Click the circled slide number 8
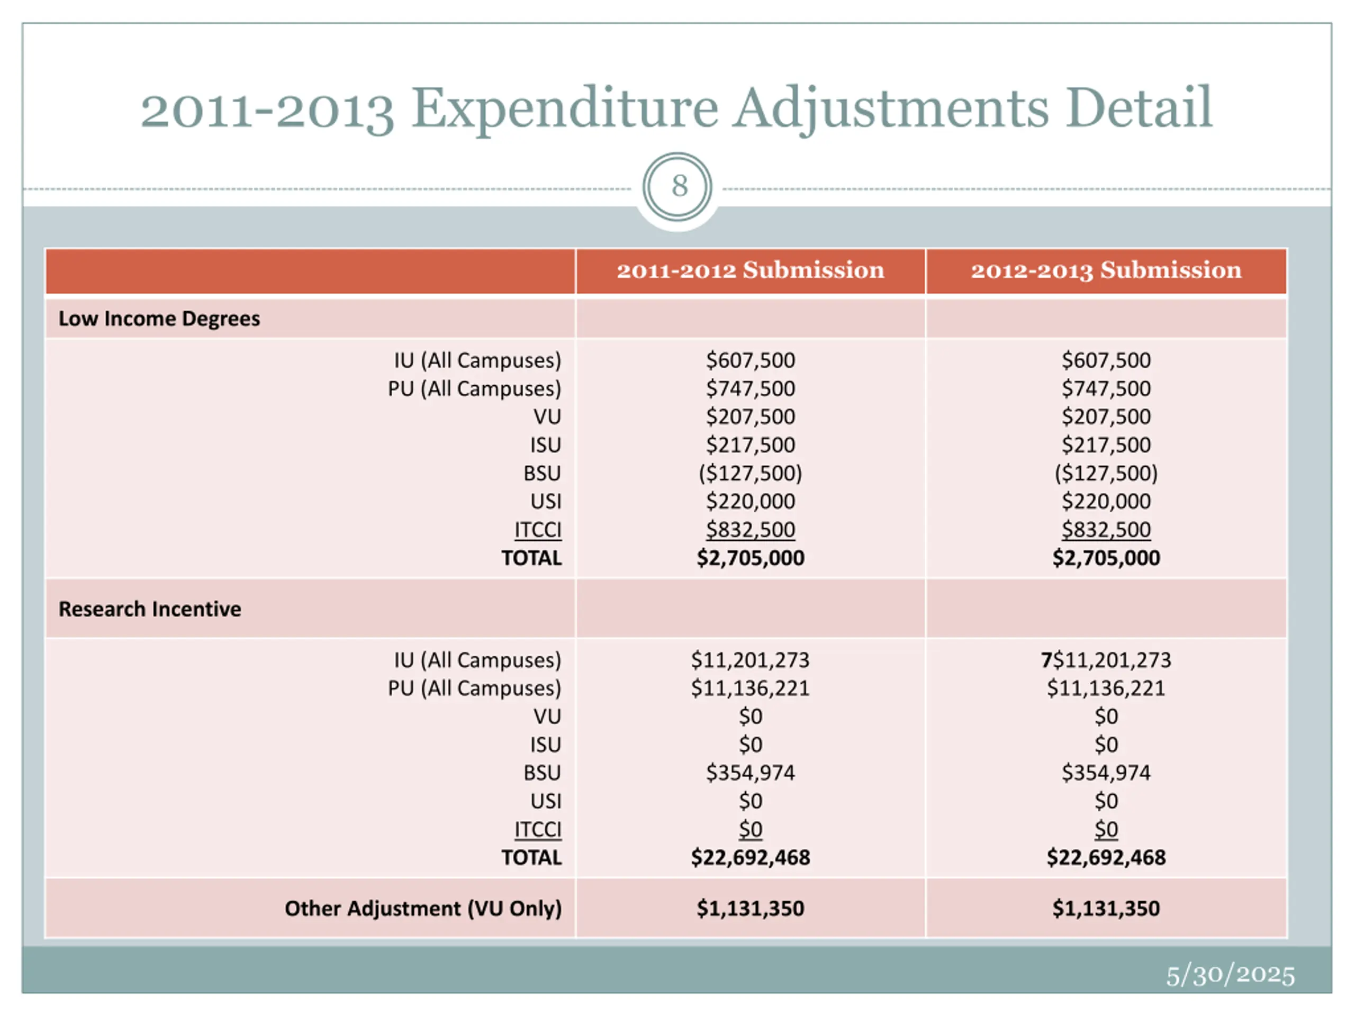click(677, 186)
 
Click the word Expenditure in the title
click(564, 109)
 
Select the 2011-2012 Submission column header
click(751, 270)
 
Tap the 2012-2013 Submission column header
click(1106, 270)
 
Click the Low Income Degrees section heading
click(159, 319)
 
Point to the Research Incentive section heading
click(150, 609)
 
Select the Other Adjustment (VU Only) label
click(423, 908)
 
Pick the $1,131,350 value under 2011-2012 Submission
click(751, 908)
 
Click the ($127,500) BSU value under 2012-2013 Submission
click(1106, 473)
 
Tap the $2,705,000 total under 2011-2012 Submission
click(751, 558)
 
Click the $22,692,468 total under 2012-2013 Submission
click(1106, 857)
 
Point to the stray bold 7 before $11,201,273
click(1046, 659)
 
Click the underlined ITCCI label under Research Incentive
click(538, 829)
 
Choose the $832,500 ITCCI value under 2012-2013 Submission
click(1106, 530)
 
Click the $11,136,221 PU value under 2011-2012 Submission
click(751, 688)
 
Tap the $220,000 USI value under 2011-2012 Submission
click(751, 502)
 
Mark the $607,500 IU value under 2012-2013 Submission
click(1106, 360)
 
